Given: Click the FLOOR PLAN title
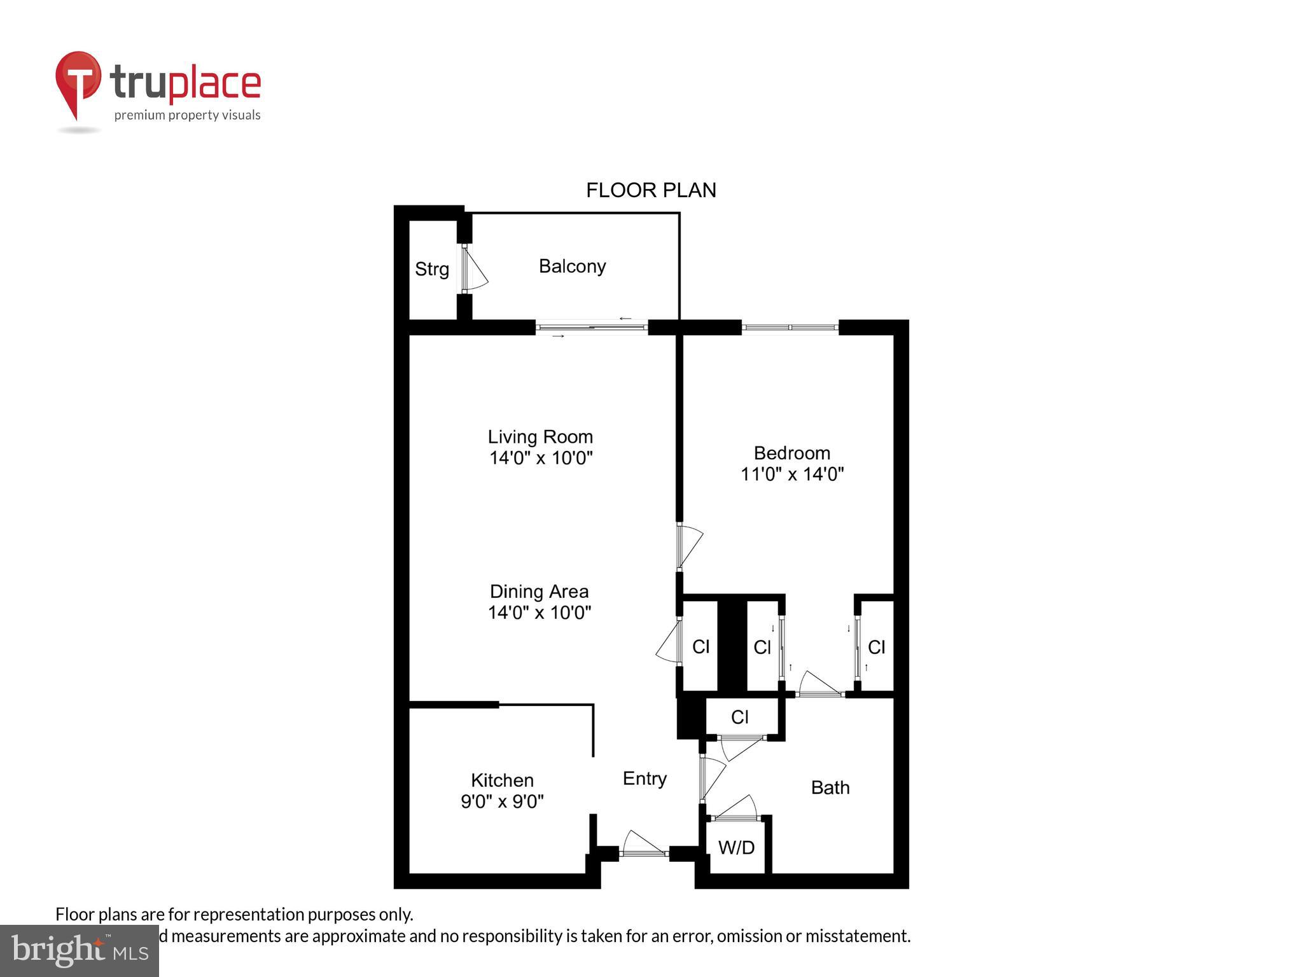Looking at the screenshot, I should (650, 190).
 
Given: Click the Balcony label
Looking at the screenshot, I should (572, 266).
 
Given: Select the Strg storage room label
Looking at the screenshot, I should (432, 269).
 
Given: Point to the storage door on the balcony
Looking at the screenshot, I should (472, 270).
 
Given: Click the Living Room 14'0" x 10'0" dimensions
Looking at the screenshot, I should (541, 458).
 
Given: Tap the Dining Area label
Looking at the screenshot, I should (539, 592).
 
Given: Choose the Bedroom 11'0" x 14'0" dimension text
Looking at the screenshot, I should (791, 474).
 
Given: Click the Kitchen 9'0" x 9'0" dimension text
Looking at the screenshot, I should (502, 801).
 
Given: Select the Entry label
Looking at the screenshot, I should (645, 779).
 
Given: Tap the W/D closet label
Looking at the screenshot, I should (736, 847).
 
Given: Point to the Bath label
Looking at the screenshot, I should (830, 787).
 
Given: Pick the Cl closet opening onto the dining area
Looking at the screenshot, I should (700, 647).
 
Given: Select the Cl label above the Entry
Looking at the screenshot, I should (739, 717).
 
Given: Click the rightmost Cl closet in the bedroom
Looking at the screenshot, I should (876, 648).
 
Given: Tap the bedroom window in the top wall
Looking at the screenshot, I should (790, 328).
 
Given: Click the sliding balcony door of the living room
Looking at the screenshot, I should (592, 328).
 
